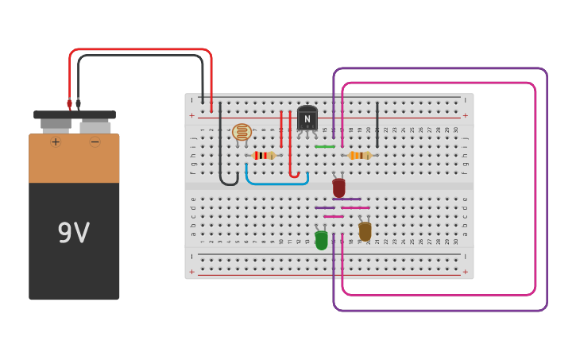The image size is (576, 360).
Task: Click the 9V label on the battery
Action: coord(73,233)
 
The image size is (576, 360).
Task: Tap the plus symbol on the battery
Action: coord(56,142)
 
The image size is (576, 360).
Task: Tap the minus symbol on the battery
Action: coord(95,142)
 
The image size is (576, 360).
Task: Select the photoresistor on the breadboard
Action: coord(242,133)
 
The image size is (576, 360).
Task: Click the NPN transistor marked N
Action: coord(307,119)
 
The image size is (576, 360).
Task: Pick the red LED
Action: coord(339,188)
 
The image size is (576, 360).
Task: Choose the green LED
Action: coord(321,239)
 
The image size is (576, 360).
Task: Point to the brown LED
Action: coord(365,231)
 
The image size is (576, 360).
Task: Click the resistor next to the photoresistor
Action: coord(263,155)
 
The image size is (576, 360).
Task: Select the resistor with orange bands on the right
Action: coord(360,155)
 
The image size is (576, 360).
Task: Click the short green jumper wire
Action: coord(325,146)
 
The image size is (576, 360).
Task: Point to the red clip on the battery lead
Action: coord(69,104)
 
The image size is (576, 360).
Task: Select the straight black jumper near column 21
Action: coord(377,124)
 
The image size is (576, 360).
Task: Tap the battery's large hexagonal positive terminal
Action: coord(55,125)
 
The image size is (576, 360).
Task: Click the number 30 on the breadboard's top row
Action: coord(455,130)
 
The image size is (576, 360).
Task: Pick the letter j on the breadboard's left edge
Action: coord(192,137)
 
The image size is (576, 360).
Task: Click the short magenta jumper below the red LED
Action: coord(334,216)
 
